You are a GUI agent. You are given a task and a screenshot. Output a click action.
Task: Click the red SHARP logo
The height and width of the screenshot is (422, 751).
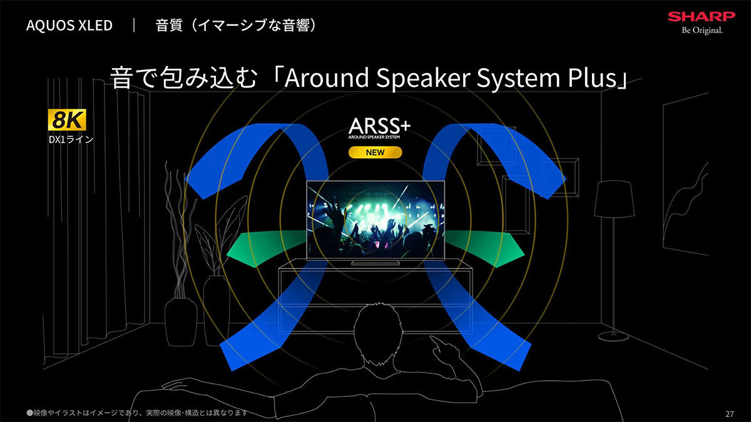point(702,16)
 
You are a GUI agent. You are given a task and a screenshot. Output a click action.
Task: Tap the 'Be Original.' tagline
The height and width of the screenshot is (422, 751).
point(702,31)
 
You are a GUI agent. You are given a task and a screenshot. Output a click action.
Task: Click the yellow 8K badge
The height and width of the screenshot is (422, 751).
point(67,119)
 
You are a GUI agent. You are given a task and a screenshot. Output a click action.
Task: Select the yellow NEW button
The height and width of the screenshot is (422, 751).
point(375,153)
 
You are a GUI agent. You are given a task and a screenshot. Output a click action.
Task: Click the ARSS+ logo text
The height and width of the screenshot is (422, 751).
point(379,126)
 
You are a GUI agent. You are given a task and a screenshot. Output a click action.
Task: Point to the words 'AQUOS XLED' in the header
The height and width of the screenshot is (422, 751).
point(69,26)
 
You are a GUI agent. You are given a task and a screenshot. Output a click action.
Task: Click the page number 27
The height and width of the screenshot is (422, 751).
point(730,414)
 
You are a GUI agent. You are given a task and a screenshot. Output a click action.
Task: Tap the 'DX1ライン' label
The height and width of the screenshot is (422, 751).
point(71,139)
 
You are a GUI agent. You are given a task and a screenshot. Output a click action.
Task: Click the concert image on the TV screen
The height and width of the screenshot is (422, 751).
point(375,220)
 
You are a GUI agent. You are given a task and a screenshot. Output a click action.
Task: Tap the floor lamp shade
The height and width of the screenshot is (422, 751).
point(614,199)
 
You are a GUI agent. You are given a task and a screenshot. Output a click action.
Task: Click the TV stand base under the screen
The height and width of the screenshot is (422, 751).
point(375,263)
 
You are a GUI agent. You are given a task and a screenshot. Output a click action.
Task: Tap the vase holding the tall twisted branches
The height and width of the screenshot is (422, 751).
point(181,321)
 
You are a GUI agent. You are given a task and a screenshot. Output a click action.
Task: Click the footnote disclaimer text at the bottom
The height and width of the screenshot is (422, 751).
point(137,413)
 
